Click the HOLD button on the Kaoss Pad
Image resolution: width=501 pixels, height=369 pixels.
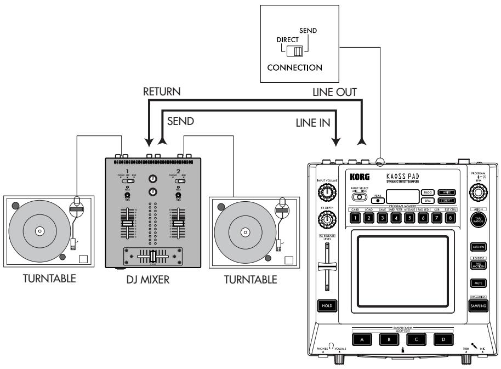coord(327,306)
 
